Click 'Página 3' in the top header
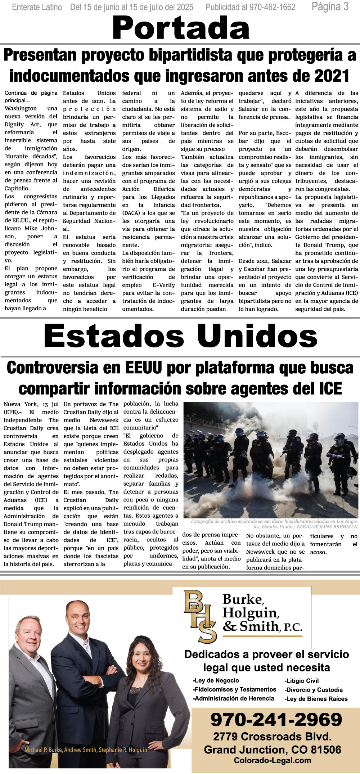click(x=330, y=6)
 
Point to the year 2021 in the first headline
click(x=332, y=76)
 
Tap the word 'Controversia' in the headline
click(x=53, y=368)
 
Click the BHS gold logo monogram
click(x=200, y=616)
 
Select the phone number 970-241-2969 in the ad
click(x=276, y=720)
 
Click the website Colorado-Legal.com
click(x=272, y=761)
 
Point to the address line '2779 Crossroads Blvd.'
click(x=272, y=737)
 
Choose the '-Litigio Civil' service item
click(x=302, y=681)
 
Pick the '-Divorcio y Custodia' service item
click(x=314, y=690)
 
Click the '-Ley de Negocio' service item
click(x=216, y=680)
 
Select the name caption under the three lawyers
click(x=86, y=750)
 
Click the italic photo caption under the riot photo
click(x=274, y=524)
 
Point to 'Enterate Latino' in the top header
click(x=37, y=7)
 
